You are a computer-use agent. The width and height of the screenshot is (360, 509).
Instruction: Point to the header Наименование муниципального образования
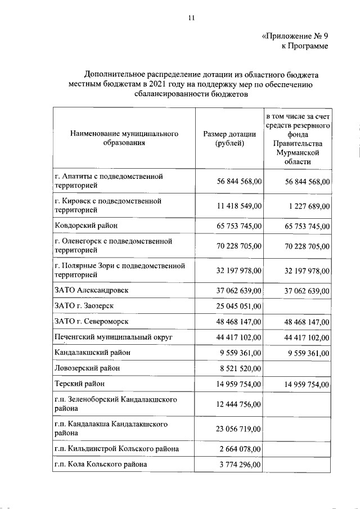click(x=124, y=139)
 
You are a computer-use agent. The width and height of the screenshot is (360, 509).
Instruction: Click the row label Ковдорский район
click(x=87, y=226)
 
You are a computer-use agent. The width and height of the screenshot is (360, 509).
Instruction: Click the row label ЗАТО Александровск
click(x=92, y=290)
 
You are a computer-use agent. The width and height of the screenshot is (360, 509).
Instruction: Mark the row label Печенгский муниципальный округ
click(x=113, y=337)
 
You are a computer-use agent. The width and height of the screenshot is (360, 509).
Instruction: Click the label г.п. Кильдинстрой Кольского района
click(x=117, y=449)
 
